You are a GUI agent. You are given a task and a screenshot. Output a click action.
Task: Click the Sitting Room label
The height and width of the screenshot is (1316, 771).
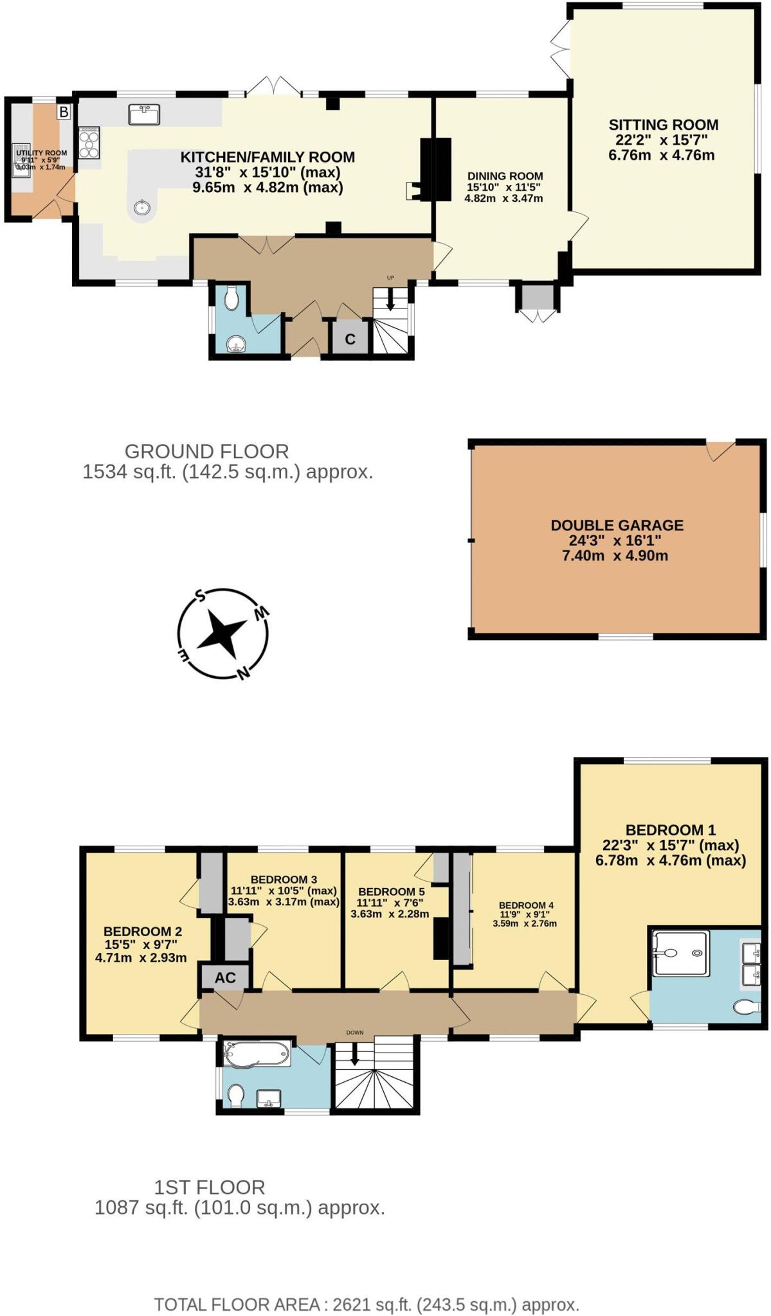click(663, 125)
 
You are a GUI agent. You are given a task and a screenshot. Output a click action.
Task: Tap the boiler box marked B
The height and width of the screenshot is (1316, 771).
click(63, 112)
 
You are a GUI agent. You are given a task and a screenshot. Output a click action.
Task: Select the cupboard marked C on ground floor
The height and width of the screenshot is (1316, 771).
click(350, 339)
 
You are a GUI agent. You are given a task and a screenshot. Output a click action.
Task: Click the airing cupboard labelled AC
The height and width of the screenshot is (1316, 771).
click(225, 978)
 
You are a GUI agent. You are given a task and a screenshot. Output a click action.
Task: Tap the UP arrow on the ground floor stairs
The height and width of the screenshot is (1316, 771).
click(390, 301)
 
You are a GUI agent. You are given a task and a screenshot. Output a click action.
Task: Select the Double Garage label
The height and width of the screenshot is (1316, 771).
click(617, 525)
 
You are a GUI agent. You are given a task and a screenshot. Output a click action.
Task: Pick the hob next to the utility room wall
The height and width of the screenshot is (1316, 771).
click(89, 143)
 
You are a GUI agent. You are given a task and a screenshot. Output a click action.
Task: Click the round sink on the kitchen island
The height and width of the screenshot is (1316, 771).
click(141, 208)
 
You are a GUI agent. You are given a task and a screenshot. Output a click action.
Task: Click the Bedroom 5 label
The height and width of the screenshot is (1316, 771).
click(391, 892)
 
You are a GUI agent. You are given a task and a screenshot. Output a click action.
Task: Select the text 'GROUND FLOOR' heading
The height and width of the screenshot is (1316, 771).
click(206, 451)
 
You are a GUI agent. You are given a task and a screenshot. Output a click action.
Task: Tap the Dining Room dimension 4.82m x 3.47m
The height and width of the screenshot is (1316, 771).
click(503, 199)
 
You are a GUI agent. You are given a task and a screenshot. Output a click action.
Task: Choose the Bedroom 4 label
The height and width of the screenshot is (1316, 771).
click(525, 905)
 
